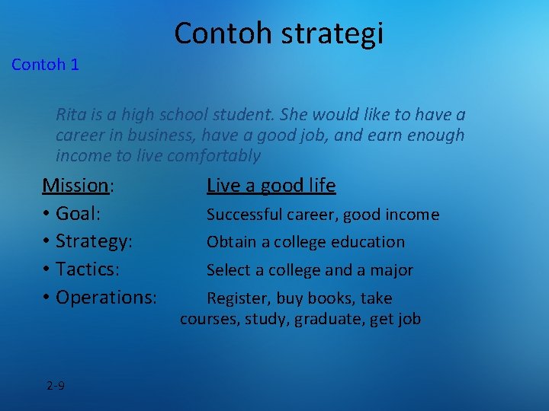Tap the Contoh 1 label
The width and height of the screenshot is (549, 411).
pos(45,65)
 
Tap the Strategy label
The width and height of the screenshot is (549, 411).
pos(94,241)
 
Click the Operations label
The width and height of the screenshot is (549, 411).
pos(106,298)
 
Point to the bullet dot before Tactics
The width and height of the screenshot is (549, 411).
pos(47,270)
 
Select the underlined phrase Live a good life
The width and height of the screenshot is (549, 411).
pos(271,186)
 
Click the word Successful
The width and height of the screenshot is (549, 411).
pos(244,215)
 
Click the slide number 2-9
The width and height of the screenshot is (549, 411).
pos(55,385)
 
